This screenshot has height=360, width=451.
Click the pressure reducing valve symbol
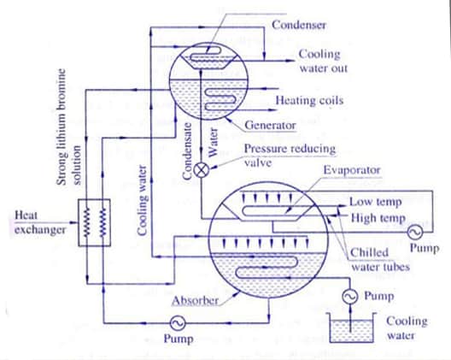coord(201,169)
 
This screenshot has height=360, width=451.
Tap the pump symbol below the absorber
coord(178,323)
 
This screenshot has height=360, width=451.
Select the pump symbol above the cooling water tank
coord(350,296)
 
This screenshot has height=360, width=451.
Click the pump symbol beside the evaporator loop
coord(415,231)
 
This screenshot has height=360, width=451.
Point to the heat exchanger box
coord(94,222)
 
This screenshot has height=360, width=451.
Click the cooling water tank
coord(351,328)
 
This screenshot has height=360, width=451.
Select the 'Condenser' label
coord(299,25)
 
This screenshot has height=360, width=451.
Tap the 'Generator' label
coord(270,125)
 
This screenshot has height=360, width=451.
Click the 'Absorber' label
coord(195,301)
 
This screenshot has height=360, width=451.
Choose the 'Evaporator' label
coord(352,170)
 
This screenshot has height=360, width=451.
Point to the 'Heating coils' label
coord(309,100)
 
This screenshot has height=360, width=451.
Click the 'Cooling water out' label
coord(323,61)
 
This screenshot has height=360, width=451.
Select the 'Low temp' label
coord(375,202)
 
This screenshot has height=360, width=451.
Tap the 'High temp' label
coord(378,218)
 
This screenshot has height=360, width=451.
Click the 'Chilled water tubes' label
coord(380,260)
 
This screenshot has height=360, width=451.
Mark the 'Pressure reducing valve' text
coord(290,156)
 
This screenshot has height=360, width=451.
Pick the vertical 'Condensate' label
coord(187,151)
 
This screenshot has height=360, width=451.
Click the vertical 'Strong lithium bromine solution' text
coord(69,127)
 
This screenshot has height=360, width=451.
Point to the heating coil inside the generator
coord(221,99)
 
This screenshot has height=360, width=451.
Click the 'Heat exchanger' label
coord(40,222)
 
